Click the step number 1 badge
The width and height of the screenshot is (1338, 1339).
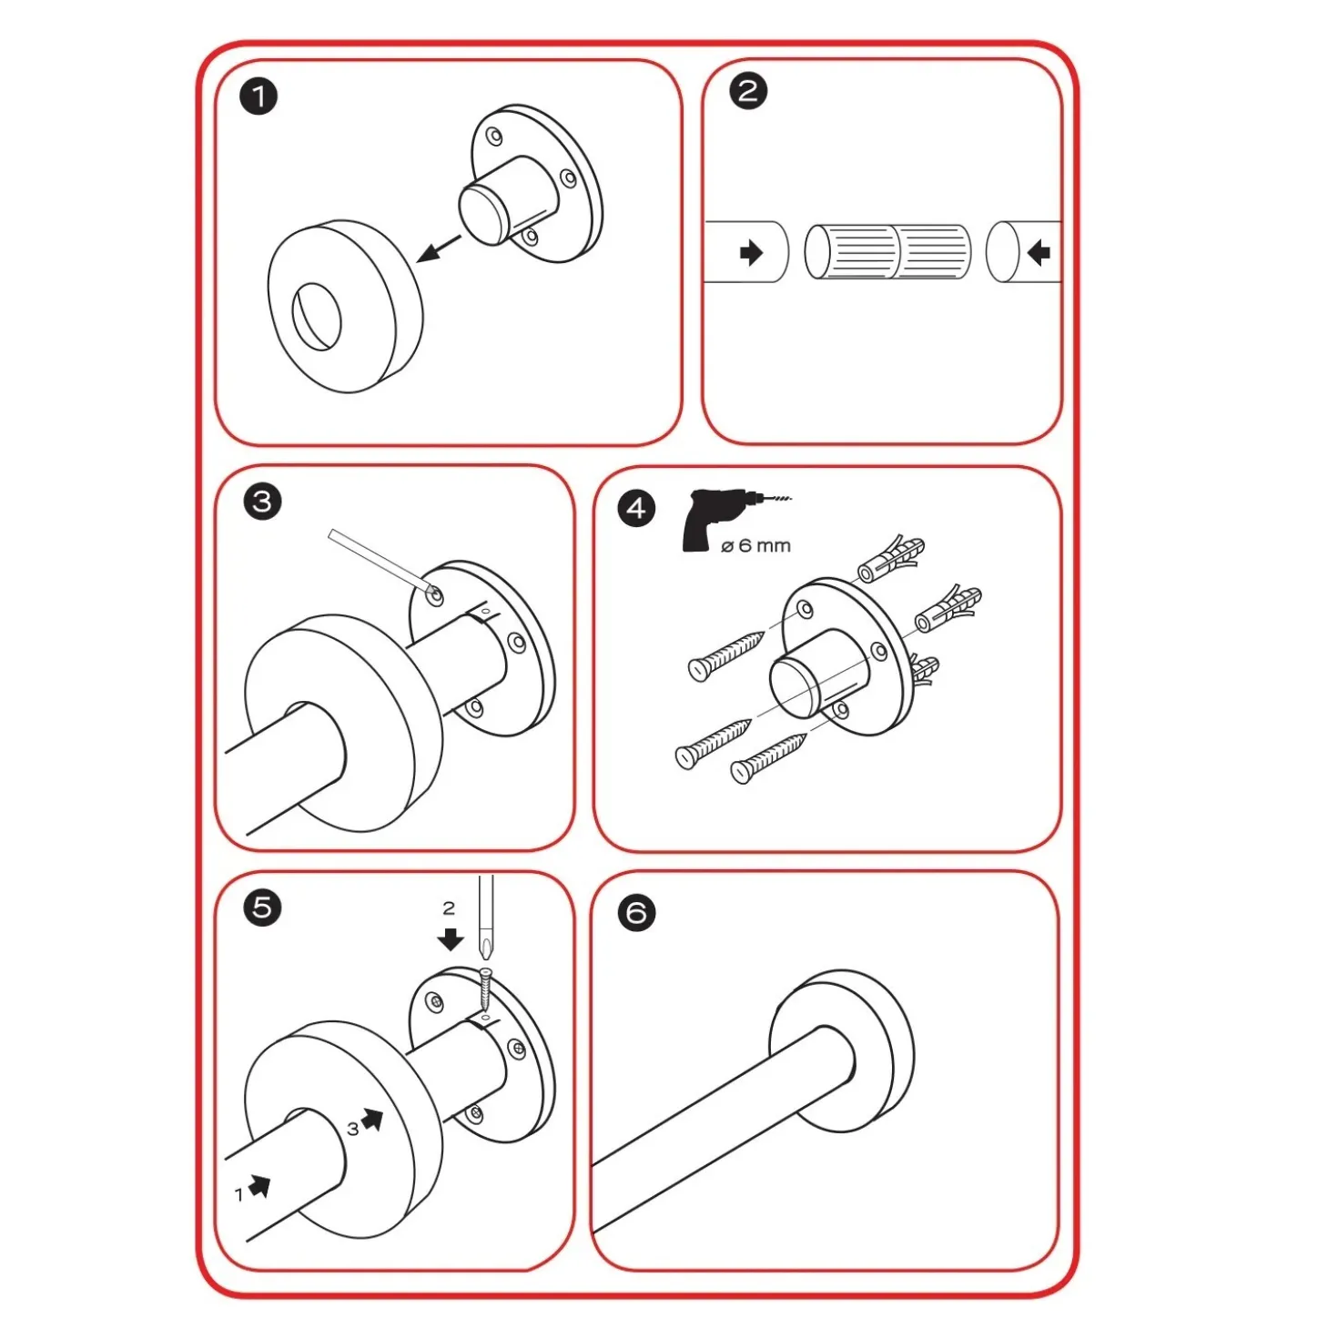coord(258,96)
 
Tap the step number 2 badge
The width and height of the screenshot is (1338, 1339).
coord(748,91)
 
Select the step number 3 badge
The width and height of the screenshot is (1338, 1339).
coord(262,501)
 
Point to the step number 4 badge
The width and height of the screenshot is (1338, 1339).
coord(636,509)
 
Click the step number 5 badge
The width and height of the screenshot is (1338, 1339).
coord(262,908)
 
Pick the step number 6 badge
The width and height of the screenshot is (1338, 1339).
coord(636,913)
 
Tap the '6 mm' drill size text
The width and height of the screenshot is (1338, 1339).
coord(765,545)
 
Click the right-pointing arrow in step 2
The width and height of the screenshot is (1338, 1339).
coord(751,252)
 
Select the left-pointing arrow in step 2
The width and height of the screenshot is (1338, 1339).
coord(1039,252)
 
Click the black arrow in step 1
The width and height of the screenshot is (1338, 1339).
coord(439,249)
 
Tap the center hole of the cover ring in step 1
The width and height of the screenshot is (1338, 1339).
coord(317,316)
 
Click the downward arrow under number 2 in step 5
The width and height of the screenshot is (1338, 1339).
coord(451,938)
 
